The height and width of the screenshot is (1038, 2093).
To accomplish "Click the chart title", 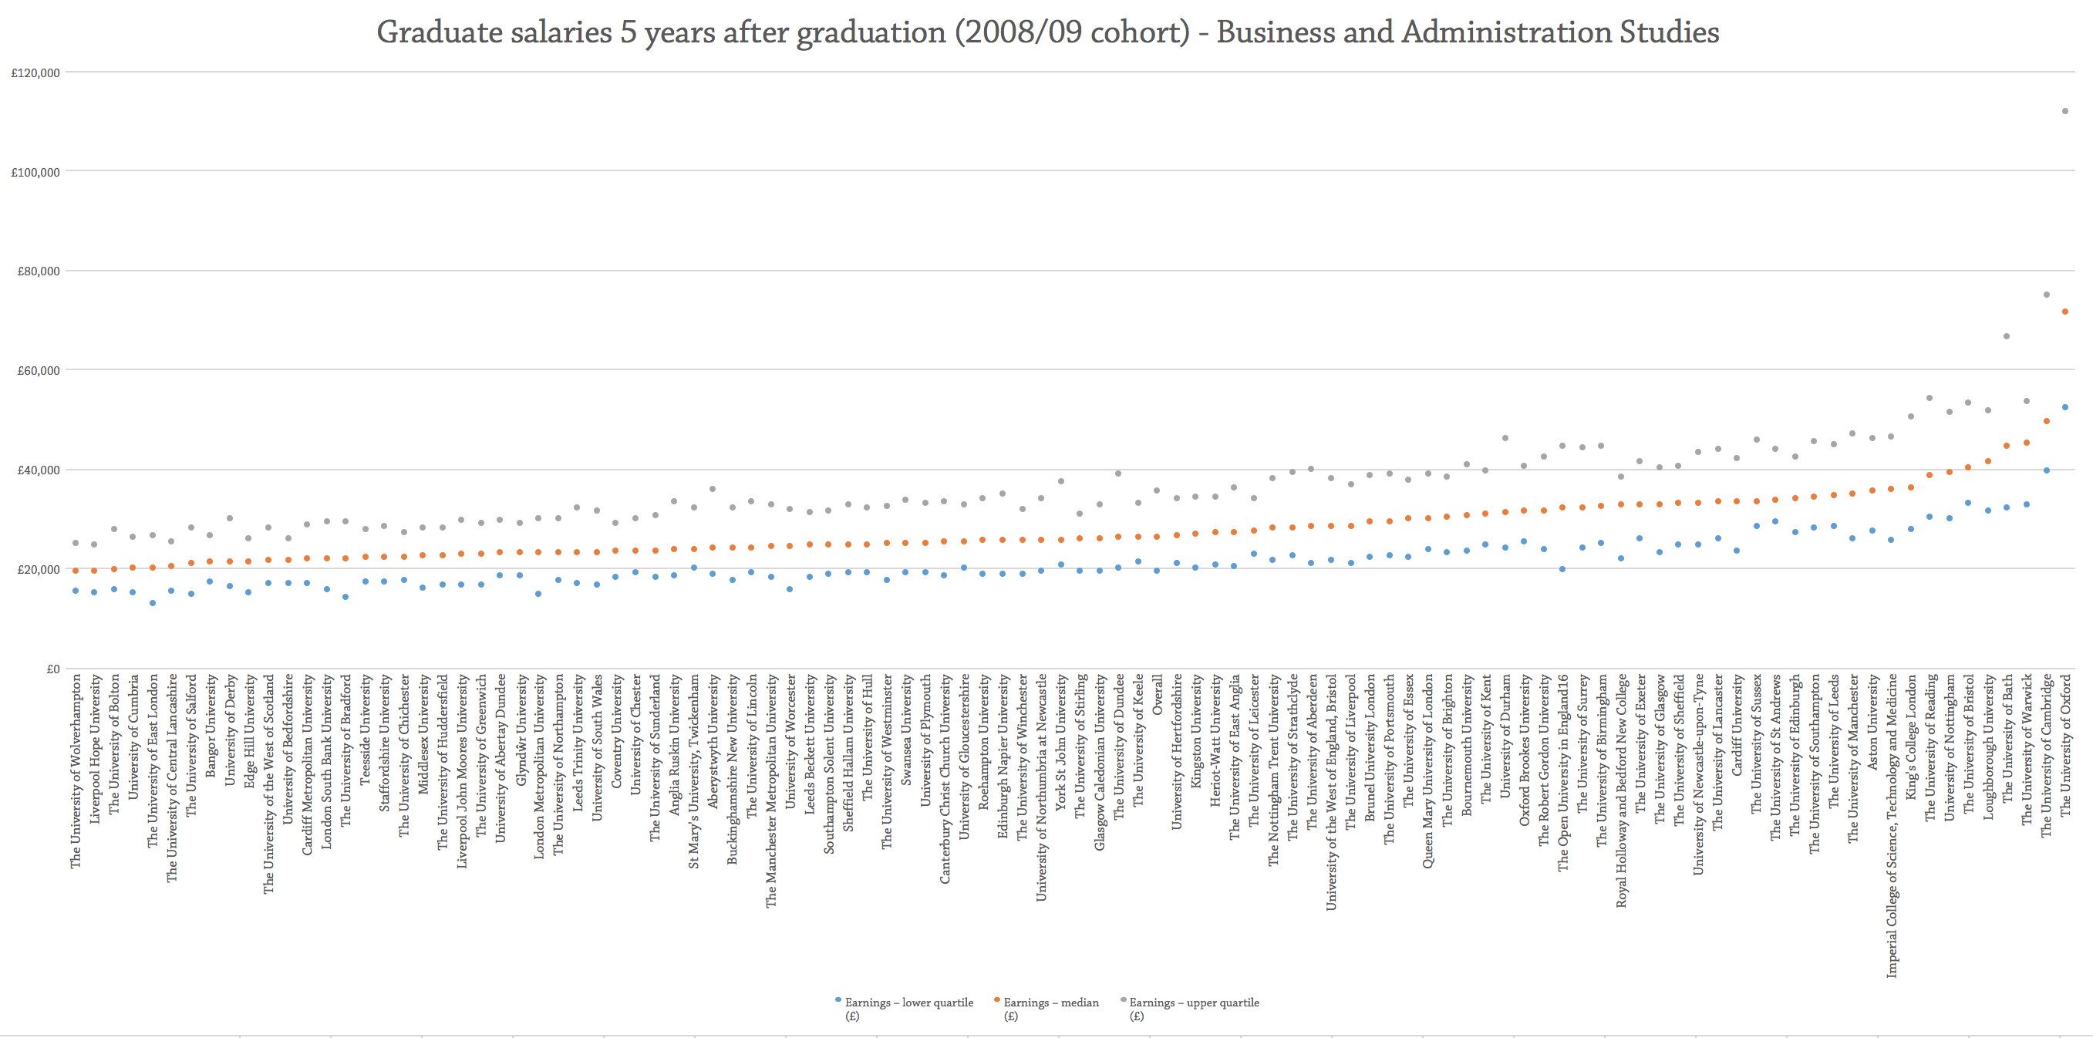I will coord(1046,32).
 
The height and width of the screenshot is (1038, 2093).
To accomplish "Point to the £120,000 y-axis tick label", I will coord(35,73).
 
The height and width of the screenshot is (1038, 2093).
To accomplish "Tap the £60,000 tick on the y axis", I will coord(39,371).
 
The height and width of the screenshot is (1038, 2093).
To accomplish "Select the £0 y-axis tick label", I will coord(52,669).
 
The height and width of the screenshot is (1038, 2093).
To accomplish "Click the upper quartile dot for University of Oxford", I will coord(2065,111).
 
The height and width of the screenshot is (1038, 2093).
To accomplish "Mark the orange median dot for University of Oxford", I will coord(2065,312).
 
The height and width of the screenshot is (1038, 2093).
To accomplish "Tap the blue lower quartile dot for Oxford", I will coord(2065,407).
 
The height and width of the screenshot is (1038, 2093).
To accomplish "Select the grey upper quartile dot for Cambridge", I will coord(2047,295).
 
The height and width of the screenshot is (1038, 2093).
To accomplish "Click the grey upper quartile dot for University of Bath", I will coord(2007,336).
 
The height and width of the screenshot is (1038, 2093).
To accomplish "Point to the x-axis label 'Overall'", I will coord(1158,694).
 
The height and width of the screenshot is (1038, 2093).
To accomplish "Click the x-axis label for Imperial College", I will coord(1892,824).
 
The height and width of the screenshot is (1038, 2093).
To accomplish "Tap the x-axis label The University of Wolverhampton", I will coord(76,770).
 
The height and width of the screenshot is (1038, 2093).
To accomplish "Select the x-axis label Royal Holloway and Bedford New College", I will coord(1622,790).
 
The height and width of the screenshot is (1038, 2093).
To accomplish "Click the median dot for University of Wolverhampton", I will coord(76,571).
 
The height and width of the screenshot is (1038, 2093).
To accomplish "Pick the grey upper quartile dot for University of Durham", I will coord(1505,439).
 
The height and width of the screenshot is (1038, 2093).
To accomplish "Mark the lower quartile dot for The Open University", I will coord(1562,569).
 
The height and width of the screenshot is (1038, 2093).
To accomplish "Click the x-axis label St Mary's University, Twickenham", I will coord(694,770).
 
